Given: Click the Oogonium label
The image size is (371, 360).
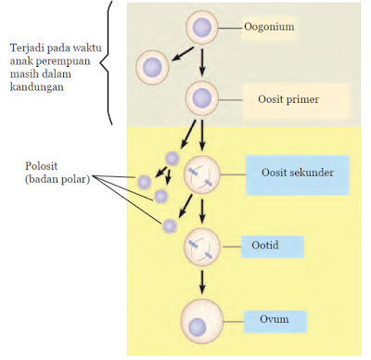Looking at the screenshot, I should click(x=269, y=27).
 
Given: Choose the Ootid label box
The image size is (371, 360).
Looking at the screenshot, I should click(x=265, y=246).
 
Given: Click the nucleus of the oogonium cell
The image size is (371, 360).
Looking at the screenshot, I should click(x=202, y=27).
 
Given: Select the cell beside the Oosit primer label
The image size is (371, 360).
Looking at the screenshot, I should click(x=202, y=97).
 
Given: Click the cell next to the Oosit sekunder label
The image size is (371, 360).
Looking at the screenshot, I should click(x=202, y=174).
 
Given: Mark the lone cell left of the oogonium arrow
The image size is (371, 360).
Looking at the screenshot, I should click(x=152, y=67).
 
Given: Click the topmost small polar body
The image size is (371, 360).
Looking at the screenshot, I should click(x=172, y=159).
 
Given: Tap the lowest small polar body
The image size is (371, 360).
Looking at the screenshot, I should click(x=169, y=225).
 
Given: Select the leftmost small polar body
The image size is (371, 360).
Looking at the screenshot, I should click(x=144, y=183).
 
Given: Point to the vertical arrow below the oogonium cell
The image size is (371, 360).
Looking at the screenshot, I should click(x=202, y=61).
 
